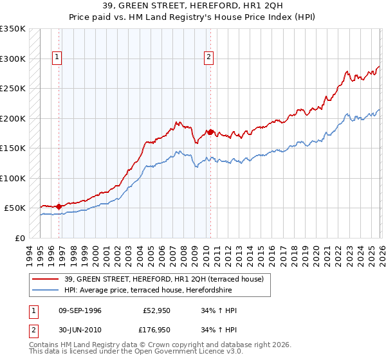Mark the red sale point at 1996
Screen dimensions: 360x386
coord(59,206)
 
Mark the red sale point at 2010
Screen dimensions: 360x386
coord(210,132)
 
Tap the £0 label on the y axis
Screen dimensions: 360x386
coord(19,238)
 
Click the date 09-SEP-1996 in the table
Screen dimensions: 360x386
coord(78,310)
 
